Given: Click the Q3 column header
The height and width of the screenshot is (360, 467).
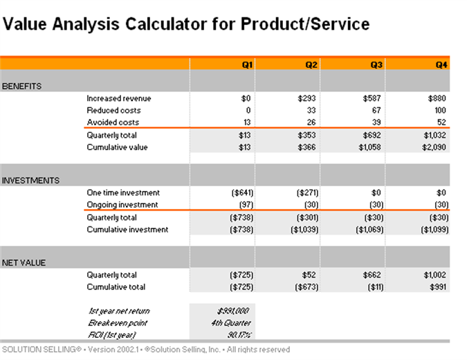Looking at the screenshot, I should pos(376,64).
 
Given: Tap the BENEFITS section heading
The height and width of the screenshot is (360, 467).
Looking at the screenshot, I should pos(22,87).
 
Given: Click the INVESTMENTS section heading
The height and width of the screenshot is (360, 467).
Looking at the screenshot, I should pos(30,181).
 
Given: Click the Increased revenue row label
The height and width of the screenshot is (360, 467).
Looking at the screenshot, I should pos(118,98).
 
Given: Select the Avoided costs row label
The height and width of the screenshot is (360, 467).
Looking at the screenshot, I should pos(113,123).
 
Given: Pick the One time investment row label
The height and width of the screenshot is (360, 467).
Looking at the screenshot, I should pos(122,192).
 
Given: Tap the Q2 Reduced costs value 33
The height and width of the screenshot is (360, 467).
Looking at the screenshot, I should pos(312,110).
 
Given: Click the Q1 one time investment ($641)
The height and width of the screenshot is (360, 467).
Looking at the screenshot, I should pos(241,192).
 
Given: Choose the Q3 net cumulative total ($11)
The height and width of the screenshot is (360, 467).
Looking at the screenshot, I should pos(373,287).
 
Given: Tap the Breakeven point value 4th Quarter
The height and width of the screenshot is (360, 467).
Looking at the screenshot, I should pos(232,323).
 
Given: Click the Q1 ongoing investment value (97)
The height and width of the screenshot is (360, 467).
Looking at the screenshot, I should pos(243,205).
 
